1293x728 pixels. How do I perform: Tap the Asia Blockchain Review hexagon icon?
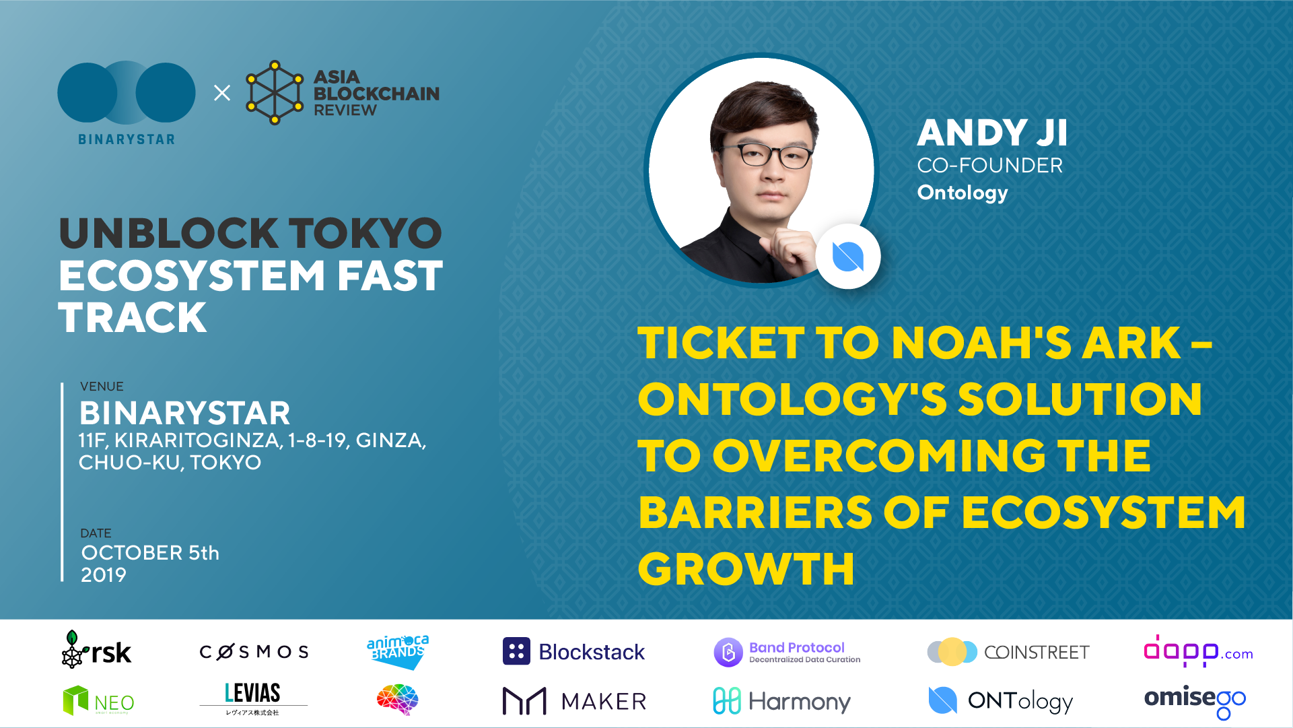(x=275, y=93)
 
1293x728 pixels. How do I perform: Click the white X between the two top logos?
(x=222, y=93)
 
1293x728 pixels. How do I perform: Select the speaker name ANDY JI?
(x=992, y=133)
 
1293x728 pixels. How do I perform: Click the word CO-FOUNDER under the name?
(x=990, y=166)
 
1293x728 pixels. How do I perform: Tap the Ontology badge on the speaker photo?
(x=848, y=257)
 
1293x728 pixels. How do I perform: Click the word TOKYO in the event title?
(x=365, y=233)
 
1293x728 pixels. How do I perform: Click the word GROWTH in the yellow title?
(x=746, y=569)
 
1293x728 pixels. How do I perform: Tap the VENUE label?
(x=102, y=387)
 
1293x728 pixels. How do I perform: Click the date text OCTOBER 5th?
(x=150, y=553)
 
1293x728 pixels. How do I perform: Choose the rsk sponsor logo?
(x=96, y=650)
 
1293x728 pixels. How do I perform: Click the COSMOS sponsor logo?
(x=254, y=652)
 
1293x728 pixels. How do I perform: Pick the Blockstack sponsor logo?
(x=573, y=651)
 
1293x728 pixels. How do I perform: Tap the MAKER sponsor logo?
(x=574, y=701)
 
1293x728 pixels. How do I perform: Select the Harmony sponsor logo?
(x=781, y=702)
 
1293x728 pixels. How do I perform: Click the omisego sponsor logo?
(x=1195, y=702)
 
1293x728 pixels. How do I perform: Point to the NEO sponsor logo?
(x=98, y=700)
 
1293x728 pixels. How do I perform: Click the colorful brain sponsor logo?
(x=398, y=700)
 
